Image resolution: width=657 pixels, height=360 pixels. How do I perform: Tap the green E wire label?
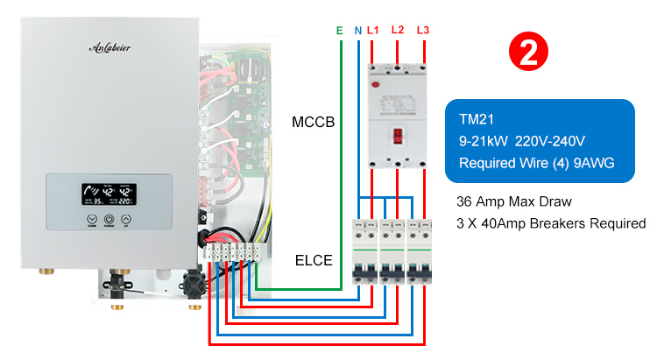339,31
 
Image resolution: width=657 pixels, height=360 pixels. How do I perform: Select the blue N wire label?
357,31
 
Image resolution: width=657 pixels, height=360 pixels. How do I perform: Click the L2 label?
398,30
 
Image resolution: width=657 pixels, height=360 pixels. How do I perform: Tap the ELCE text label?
313,260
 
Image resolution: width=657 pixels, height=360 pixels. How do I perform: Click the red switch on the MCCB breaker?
398,136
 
